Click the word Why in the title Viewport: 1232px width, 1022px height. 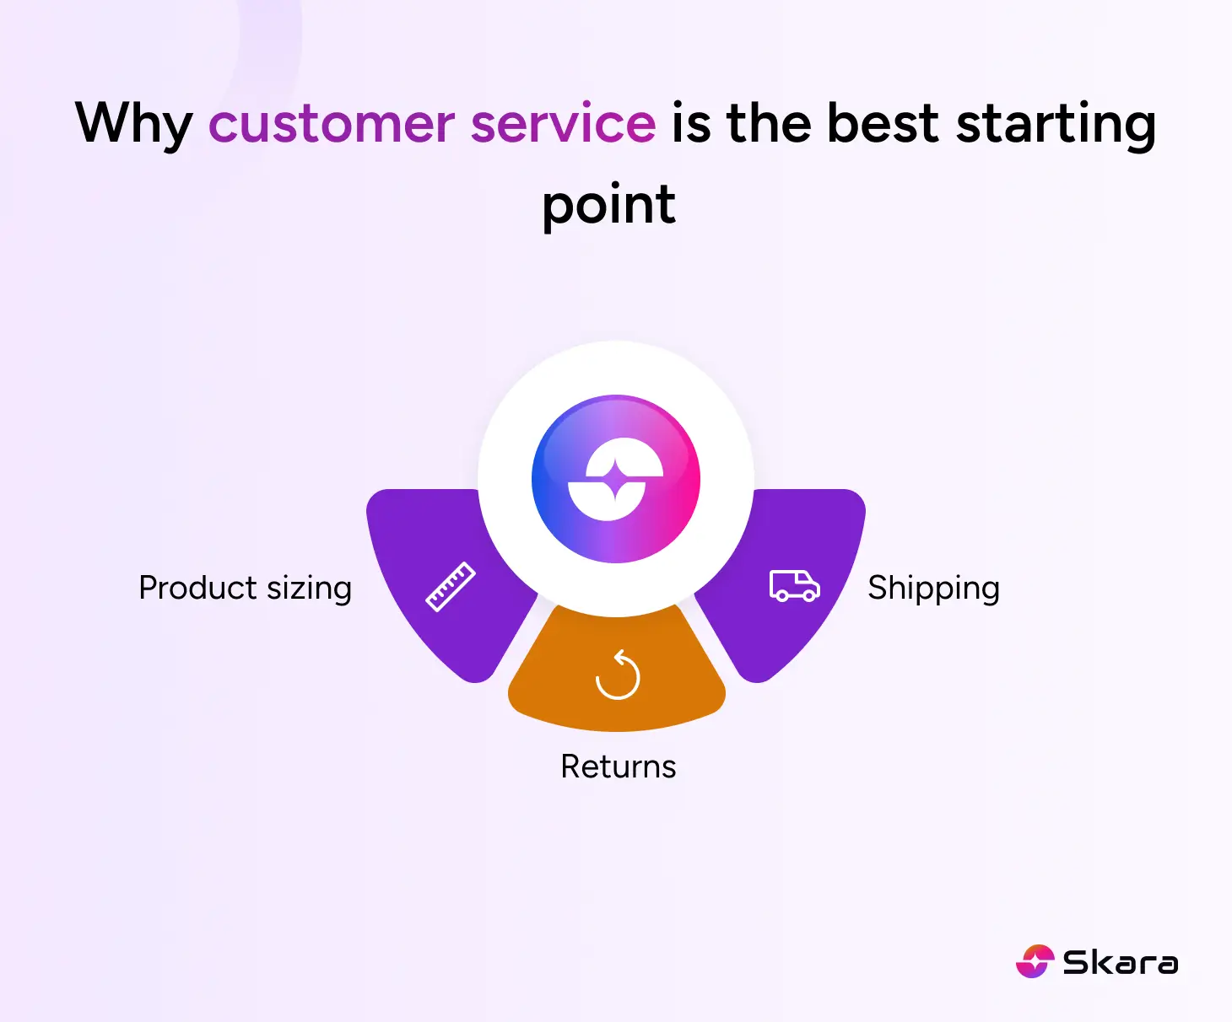(x=133, y=124)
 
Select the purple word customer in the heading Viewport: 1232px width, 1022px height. (x=332, y=124)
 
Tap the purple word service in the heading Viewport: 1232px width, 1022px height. (x=563, y=124)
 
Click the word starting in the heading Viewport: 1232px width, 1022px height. (x=1056, y=124)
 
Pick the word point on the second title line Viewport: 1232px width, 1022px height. (x=608, y=205)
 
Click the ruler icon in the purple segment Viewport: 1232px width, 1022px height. (x=450, y=586)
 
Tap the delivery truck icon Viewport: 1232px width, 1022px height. (x=794, y=586)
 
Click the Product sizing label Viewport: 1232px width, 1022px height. (x=245, y=589)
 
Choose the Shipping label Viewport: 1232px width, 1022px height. (x=933, y=589)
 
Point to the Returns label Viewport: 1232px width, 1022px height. (x=619, y=767)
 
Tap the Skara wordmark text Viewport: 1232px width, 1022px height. (x=1120, y=962)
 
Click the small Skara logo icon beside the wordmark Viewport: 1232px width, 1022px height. (x=1035, y=961)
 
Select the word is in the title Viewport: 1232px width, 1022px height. (x=690, y=124)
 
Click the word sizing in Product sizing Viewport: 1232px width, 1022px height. (x=309, y=589)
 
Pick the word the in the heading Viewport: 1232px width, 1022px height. (x=768, y=124)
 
